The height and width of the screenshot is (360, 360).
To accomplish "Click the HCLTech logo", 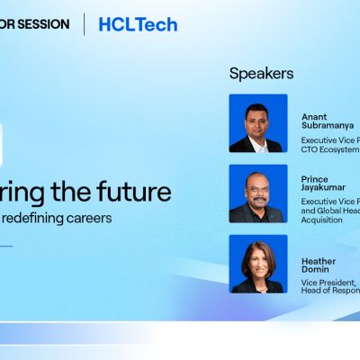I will click(138, 24).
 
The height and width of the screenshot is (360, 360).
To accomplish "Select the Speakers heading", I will click(261, 74).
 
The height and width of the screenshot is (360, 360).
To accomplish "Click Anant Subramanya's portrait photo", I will click(258, 123).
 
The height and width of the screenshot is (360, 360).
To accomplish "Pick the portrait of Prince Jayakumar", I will click(258, 193).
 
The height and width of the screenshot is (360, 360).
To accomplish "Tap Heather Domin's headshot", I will click(258, 264).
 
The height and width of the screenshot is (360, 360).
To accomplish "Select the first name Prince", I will click(316, 178).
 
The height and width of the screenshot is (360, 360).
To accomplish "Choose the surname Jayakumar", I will click(326, 188).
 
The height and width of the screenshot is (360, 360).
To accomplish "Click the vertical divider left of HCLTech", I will click(85, 24).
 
